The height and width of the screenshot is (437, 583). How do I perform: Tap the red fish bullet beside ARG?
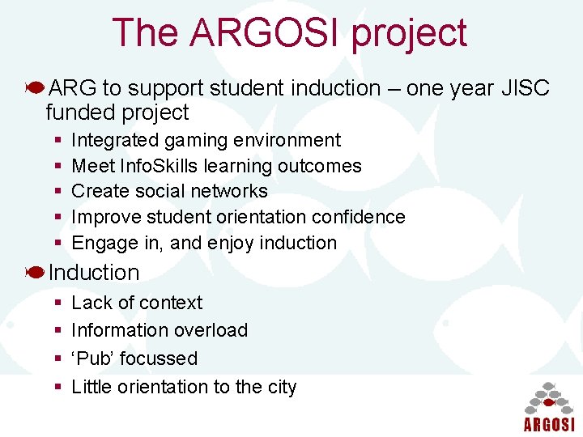(35, 87)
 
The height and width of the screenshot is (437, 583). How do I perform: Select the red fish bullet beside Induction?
(35, 273)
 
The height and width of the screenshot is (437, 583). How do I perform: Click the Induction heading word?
(94, 273)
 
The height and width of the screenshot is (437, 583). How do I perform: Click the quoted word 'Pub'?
(93, 358)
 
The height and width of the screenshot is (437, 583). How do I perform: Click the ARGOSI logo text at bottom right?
(548, 424)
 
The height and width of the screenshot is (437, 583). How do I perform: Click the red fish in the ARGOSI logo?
(548, 401)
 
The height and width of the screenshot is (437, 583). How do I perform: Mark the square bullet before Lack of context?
(58, 303)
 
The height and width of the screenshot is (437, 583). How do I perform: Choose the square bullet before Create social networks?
(58, 192)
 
